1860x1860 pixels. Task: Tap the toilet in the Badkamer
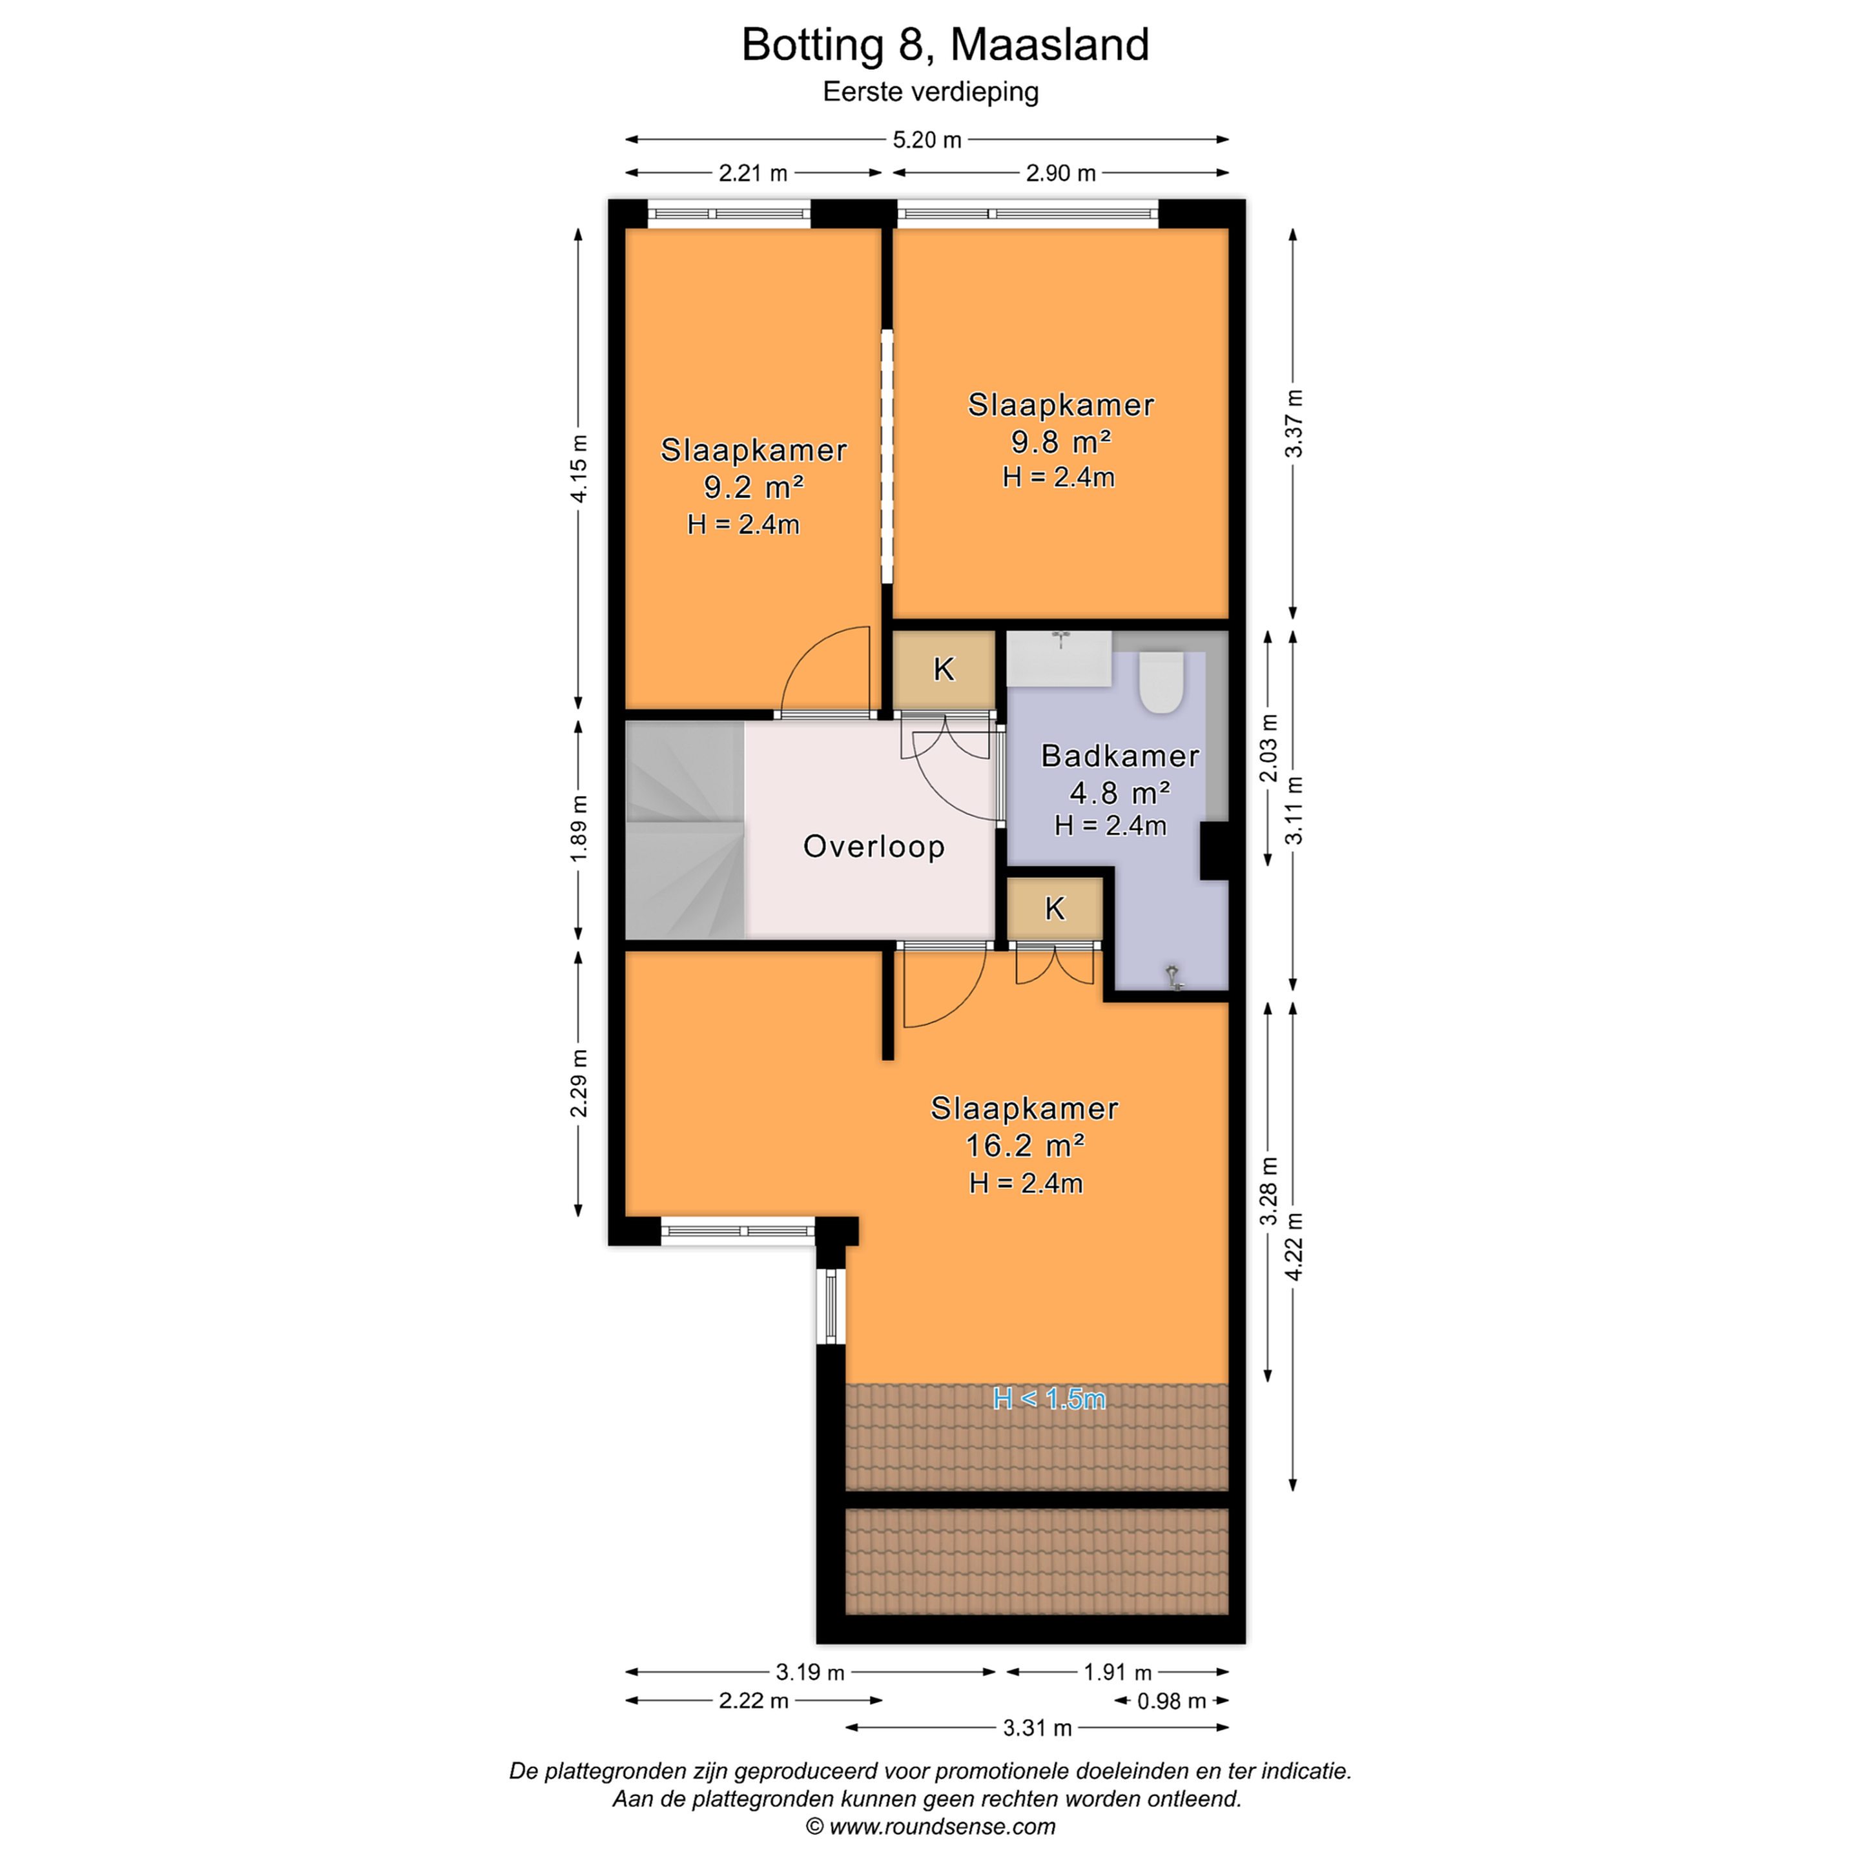pos(1161,681)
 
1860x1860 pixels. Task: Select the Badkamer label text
pos(1120,756)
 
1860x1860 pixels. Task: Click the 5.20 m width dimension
pos(927,139)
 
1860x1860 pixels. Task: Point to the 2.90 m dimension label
pos(1060,173)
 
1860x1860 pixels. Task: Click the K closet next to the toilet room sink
pos(944,669)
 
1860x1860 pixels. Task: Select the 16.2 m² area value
pos(1024,1146)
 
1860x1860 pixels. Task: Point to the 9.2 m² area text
pos(753,487)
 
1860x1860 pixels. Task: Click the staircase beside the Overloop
pos(685,830)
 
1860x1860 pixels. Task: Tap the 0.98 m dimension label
pos(1172,1701)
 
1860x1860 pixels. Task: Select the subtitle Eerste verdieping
pos(930,92)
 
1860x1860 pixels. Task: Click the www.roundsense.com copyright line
pos(930,1826)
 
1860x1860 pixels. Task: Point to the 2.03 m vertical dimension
pos(1269,748)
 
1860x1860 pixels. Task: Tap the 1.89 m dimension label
pos(579,830)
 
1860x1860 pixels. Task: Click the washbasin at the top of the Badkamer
pos(1059,659)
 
